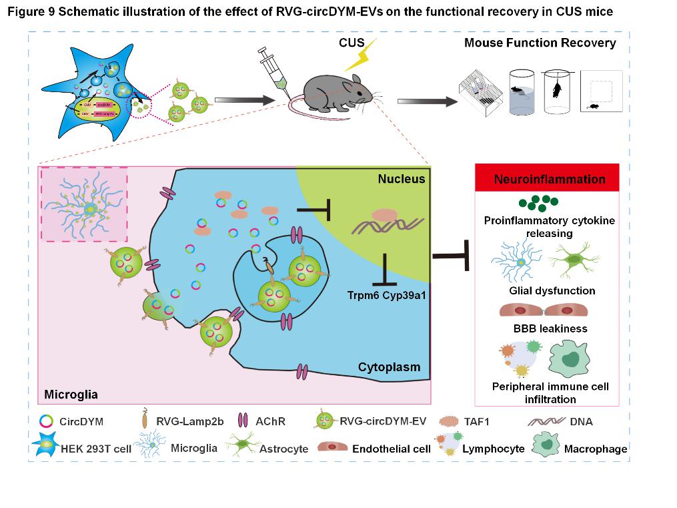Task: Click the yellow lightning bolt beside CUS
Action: pyautogui.click(x=360, y=55)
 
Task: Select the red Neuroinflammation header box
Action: pyautogui.click(x=550, y=179)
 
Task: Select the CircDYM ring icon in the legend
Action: pyautogui.click(x=45, y=421)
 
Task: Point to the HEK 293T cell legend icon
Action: pyautogui.click(x=44, y=448)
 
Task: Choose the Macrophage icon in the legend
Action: pyautogui.click(x=546, y=447)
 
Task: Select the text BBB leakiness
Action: pyautogui.click(x=549, y=328)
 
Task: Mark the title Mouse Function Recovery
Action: pyautogui.click(x=540, y=43)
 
